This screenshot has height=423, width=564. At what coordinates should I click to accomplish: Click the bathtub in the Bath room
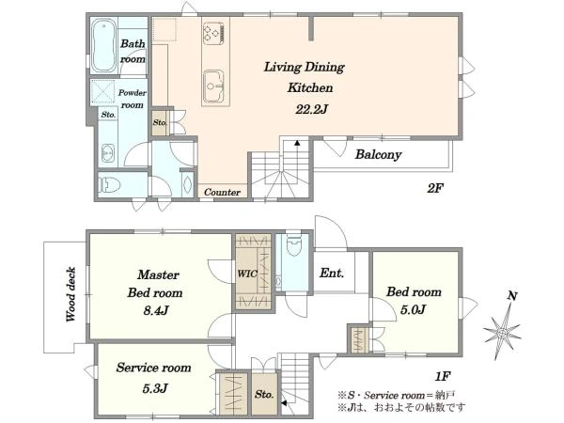[104, 46]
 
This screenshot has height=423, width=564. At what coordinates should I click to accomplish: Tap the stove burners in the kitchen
[214, 33]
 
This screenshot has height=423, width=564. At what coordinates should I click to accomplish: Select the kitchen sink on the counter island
[214, 86]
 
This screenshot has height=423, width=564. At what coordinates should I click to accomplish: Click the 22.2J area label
[311, 109]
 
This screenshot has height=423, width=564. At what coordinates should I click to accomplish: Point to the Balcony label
[378, 155]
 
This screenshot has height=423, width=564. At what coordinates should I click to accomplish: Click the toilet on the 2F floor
[109, 185]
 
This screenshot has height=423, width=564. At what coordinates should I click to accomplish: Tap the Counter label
[222, 192]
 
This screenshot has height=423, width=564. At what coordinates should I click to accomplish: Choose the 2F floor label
[435, 188]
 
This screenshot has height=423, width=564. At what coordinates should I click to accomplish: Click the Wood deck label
[70, 294]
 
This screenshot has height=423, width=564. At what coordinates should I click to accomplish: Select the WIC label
[247, 274]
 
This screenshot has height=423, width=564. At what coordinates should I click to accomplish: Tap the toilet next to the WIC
[293, 245]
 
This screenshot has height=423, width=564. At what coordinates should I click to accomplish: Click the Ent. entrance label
[332, 273]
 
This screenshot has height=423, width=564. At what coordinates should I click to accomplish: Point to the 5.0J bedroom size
[413, 309]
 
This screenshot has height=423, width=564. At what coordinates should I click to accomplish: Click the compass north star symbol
[503, 334]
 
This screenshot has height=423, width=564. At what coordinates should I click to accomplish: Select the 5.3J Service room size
[155, 388]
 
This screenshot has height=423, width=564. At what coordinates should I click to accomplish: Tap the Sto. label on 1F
[264, 394]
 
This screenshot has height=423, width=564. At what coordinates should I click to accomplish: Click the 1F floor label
[443, 377]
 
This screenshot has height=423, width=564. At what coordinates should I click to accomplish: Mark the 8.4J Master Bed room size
[156, 310]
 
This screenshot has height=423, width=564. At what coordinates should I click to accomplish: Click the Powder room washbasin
[108, 153]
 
